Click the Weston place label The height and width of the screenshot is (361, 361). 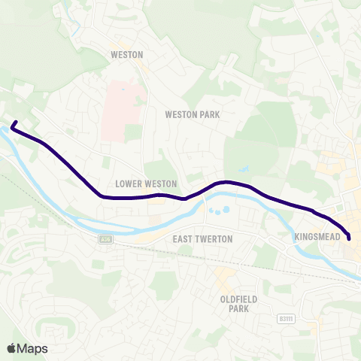tap(126, 54)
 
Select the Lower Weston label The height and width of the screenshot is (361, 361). tap(147, 184)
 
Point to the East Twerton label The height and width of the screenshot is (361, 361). tap(203, 238)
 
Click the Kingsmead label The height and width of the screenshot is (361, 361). tap(320, 237)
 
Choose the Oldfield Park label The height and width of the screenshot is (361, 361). tap(238, 304)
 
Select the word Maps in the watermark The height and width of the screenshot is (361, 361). tap(32, 348)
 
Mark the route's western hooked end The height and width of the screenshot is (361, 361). tap(15, 122)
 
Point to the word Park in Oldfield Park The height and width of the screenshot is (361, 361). tap(238, 309)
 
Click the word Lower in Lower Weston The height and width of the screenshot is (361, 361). tap(129, 184)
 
